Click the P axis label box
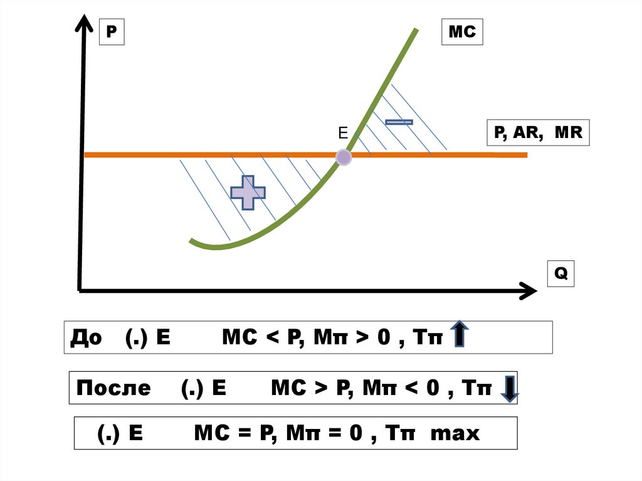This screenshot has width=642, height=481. click(x=112, y=31)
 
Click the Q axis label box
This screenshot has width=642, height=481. click(x=560, y=274)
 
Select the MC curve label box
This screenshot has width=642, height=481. click(x=463, y=31)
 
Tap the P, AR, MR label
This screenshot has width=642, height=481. click(x=538, y=133)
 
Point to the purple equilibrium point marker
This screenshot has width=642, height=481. click(x=344, y=157)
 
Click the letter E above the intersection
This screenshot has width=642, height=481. click(x=342, y=133)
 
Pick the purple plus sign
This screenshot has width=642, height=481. click(x=248, y=193)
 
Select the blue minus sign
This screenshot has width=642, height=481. click(x=399, y=121)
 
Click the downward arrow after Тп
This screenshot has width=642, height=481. click(x=509, y=388)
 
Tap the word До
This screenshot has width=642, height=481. click(x=87, y=337)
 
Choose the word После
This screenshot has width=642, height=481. click(x=113, y=388)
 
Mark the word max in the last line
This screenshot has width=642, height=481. click(x=456, y=433)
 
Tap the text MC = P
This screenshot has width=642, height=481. click(x=230, y=433)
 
